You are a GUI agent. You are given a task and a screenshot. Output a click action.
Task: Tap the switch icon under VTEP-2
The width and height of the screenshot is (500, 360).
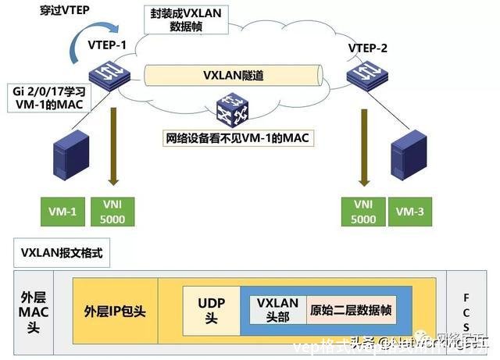(366, 76)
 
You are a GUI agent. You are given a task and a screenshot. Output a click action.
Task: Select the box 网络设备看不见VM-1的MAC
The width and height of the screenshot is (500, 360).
(237, 140)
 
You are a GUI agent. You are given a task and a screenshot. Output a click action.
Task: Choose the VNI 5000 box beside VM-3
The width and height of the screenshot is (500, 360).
(363, 212)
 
